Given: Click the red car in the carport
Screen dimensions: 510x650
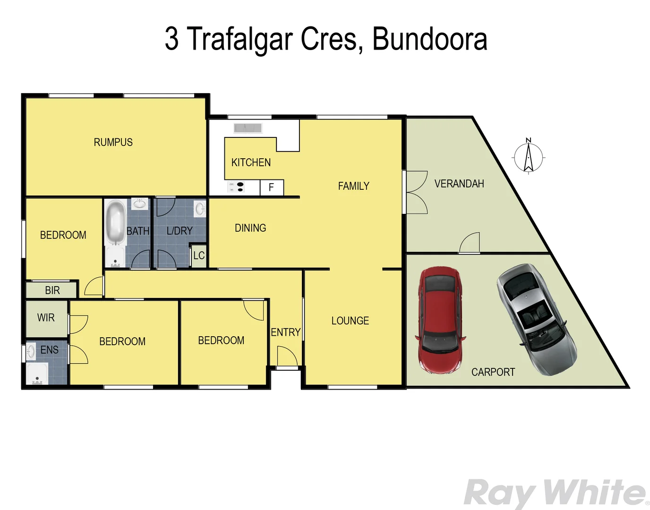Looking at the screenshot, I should tap(439, 320).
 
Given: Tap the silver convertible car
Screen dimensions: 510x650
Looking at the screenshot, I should tap(536, 319).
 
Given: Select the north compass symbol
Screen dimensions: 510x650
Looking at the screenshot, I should tap(529, 156).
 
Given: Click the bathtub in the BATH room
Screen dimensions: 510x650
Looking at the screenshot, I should tap(115, 222).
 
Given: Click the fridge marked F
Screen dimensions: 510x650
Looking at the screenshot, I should tap(272, 187).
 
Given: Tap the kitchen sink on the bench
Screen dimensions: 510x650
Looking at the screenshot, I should tap(248, 128).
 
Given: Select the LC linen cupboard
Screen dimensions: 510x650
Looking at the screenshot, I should tap(199, 256).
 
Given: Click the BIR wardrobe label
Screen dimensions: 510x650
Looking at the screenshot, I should tap(52, 290).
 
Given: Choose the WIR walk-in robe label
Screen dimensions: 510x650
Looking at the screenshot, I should tap(46, 318).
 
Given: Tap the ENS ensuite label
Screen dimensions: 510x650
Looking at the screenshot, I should tap(50, 350).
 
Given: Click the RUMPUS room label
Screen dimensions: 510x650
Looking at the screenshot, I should tap(113, 142).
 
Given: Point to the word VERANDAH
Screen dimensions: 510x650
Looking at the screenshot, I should tap(459, 184).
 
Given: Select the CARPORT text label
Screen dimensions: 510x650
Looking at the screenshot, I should tap(493, 372).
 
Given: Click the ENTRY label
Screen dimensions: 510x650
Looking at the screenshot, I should tap(285, 332).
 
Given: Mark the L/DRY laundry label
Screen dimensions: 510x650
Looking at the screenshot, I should tap(180, 231).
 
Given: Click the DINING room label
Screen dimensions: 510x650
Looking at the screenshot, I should tap(250, 228).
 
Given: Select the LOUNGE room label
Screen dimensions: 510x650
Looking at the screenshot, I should tap(350, 321).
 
